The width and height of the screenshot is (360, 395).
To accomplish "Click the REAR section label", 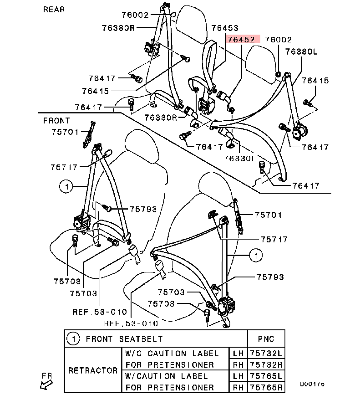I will (x=54, y=9).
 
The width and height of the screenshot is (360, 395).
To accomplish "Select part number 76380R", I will (x=118, y=27).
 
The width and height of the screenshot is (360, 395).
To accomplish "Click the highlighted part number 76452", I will (x=241, y=40).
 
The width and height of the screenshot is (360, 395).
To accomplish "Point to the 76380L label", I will (x=301, y=51).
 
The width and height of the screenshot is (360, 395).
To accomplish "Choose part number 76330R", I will (x=161, y=117).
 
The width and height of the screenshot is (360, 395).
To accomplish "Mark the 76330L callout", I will (x=240, y=158).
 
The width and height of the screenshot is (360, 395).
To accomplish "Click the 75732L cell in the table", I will (x=266, y=353).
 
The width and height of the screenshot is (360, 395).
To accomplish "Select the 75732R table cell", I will (x=266, y=364).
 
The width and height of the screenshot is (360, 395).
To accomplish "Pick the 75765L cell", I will (x=266, y=376).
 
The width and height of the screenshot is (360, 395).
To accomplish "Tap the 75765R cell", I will (x=266, y=387).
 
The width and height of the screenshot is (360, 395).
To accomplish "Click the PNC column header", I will (x=266, y=339).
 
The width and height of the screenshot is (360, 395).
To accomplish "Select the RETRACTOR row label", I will (x=93, y=370).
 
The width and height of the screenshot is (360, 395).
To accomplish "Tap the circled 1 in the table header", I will (x=73, y=339).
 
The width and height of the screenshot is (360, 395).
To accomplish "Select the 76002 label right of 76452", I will (x=278, y=40).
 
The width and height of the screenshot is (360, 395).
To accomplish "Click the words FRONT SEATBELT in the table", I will (x=124, y=339).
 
